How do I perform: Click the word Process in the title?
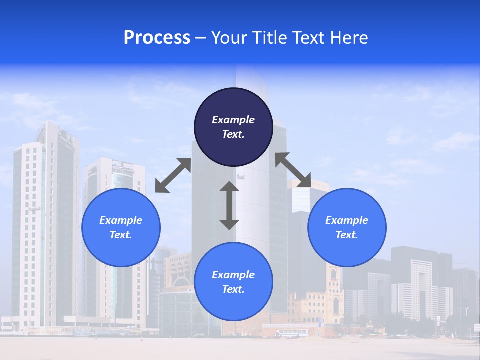(x=157, y=38)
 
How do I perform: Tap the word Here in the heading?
(x=348, y=38)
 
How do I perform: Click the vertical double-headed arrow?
(x=229, y=206)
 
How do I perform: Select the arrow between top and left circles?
(x=173, y=175)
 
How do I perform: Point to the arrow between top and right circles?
(x=293, y=170)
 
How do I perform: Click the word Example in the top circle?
(x=233, y=120)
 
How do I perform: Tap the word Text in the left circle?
(x=121, y=235)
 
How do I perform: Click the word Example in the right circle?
(x=347, y=220)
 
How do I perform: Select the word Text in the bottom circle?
(x=233, y=289)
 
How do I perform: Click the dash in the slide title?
(x=201, y=38)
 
